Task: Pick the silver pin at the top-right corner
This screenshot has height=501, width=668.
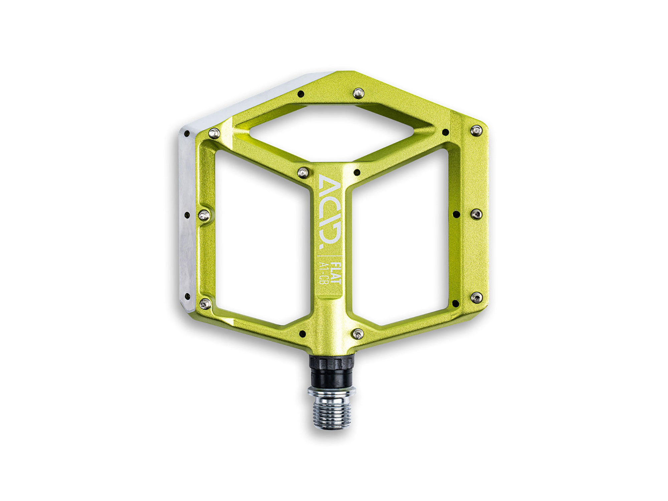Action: point(476,130)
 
